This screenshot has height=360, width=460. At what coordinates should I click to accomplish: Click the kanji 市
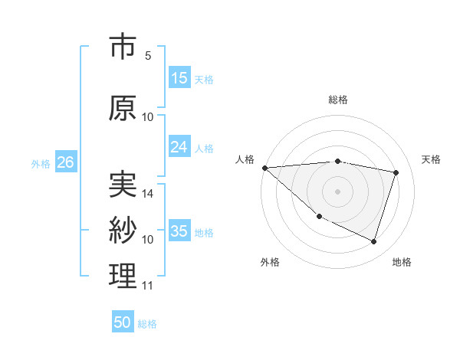click(123, 47)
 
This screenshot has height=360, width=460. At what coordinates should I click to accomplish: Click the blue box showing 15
click(179, 78)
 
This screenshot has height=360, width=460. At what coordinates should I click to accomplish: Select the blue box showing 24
click(179, 147)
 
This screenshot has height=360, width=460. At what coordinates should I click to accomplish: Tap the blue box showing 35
click(179, 231)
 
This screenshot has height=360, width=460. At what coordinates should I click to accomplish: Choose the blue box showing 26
click(66, 162)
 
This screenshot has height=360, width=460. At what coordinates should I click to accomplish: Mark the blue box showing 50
click(123, 322)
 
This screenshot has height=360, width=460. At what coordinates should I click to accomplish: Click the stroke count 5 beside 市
click(147, 56)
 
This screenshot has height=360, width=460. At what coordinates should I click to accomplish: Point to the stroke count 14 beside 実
click(148, 194)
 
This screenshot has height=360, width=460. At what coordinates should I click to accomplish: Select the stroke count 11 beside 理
click(148, 286)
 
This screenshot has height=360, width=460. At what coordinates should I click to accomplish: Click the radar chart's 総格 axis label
click(337, 100)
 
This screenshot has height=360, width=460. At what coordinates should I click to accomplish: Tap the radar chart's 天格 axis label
click(432, 159)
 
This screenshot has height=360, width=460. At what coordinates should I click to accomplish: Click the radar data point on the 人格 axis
click(264, 167)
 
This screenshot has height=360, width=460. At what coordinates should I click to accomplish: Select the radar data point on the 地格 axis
click(373, 242)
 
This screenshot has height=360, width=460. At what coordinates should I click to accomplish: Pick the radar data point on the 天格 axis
click(396, 172)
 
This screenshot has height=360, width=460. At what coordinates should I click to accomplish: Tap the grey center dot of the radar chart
click(337, 191)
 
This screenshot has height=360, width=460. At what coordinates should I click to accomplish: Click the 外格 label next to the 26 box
click(41, 163)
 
